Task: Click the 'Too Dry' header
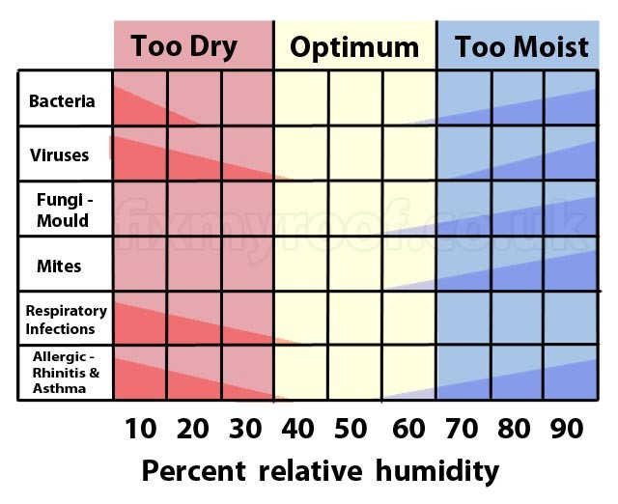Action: (183, 46)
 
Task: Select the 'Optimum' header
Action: (354, 47)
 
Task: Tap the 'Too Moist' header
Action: (521, 47)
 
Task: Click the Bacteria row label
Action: (62, 100)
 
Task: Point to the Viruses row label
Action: (60, 154)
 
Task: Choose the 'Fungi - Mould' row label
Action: (63, 210)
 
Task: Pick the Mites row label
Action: (59, 266)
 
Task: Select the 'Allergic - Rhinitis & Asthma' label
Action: (60, 373)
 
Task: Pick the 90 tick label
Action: (569, 429)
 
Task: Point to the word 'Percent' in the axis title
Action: (196, 471)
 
